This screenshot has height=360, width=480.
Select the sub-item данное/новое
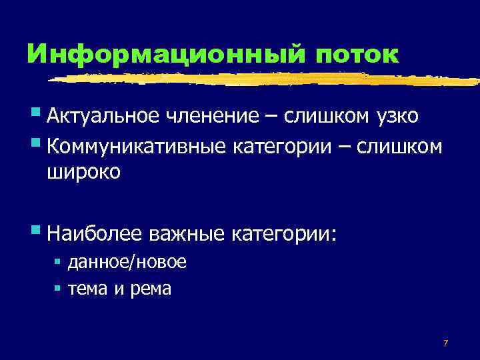127,262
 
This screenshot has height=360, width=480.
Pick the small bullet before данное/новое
58,261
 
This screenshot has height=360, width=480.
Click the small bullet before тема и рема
58,288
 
